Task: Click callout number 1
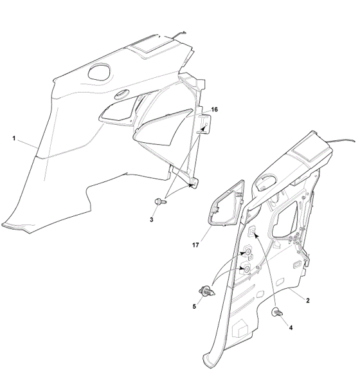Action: (14, 138)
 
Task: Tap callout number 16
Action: (215, 109)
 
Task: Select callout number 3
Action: (152, 219)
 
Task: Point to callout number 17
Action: (195, 245)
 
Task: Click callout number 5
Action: (194, 306)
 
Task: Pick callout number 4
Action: (291, 327)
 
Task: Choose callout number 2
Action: (307, 300)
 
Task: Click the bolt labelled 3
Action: (160, 201)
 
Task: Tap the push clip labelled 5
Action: (207, 291)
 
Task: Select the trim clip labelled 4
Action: (277, 312)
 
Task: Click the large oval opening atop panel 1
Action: (99, 71)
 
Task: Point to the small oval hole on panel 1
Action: (122, 95)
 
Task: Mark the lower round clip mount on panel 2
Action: (246, 268)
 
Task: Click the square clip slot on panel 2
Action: (252, 230)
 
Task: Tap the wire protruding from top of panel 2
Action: (342, 141)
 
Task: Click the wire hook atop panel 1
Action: (179, 35)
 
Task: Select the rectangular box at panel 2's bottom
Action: (242, 329)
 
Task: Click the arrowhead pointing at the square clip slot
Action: (256, 236)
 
